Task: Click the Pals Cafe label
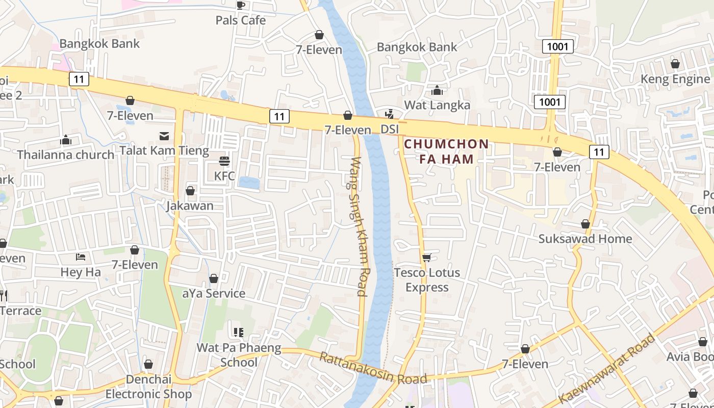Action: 240,20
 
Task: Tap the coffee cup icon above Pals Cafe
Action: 240,6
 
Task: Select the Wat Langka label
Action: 437,105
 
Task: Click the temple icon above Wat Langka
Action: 437,91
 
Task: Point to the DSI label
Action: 390,130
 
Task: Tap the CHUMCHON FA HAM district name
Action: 446,151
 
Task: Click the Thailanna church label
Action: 66,155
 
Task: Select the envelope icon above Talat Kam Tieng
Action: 164,136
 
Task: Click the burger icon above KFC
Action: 224,161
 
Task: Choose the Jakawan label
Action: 190,206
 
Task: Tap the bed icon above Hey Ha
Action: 81,257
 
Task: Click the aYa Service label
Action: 214,293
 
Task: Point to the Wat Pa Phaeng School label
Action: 239,355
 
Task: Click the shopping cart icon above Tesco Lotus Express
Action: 426,258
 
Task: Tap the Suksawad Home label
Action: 585,239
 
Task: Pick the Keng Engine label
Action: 675,79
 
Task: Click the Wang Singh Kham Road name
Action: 359,226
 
